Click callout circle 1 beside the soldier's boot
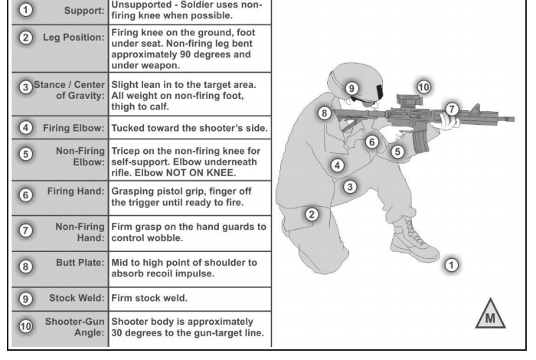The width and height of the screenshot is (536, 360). tap(452, 265)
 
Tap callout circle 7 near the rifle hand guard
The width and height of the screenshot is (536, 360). tap(452, 109)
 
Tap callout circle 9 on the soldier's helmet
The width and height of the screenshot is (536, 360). tap(352, 88)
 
